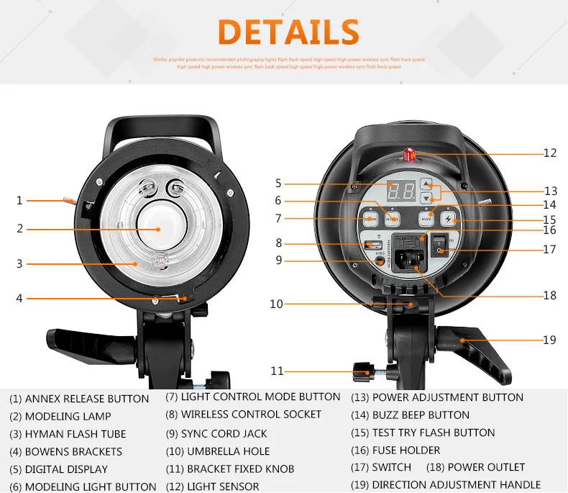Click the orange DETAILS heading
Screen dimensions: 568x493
(x=288, y=32)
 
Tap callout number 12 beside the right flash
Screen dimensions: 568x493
(x=550, y=153)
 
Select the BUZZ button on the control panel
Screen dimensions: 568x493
(x=427, y=217)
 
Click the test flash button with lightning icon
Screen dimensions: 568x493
(x=448, y=217)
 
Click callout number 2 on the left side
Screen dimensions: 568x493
(x=20, y=229)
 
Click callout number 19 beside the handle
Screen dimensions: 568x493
(x=550, y=340)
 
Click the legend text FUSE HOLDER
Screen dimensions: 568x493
(x=406, y=450)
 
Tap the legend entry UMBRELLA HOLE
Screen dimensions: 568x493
(x=228, y=451)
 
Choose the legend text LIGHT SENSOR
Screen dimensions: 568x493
(x=223, y=487)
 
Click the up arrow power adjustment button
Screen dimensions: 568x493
(x=426, y=184)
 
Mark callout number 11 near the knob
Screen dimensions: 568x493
(x=277, y=371)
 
